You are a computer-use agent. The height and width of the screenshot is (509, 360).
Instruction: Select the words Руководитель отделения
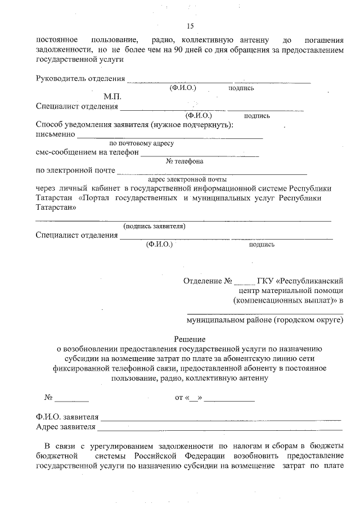[80, 78]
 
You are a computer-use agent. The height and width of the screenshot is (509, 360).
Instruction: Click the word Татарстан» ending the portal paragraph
[56, 208]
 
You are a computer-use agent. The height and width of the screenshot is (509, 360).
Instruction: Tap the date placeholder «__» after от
[196, 398]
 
